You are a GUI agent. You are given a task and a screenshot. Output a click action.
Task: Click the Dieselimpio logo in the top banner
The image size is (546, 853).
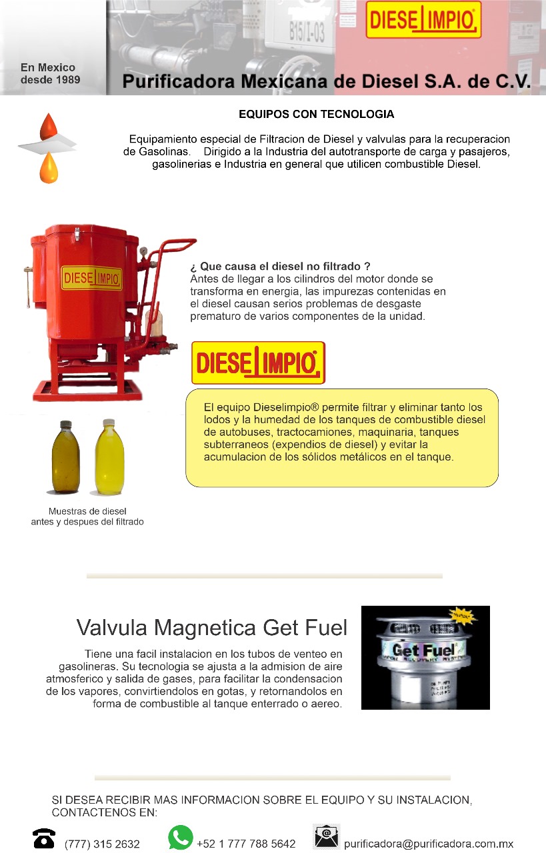click(x=423, y=20)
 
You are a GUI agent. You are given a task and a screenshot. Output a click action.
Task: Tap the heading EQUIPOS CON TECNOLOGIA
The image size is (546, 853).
click(x=316, y=115)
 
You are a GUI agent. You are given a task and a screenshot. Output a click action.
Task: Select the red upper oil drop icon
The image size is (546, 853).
click(x=49, y=127)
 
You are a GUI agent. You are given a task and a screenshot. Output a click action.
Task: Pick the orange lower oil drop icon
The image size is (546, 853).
click(x=49, y=168)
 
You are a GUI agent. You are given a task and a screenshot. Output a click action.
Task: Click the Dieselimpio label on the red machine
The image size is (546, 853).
click(x=92, y=278)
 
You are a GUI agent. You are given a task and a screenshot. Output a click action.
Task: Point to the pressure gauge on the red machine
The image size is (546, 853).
click(x=143, y=252)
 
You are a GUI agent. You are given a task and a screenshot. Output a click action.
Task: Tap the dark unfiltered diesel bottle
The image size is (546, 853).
click(x=66, y=458)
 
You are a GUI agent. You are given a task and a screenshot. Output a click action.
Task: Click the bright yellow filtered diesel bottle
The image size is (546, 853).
click(x=109, y=458)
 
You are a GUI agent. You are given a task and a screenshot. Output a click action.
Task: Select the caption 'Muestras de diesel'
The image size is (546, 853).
click(x=87, y=511)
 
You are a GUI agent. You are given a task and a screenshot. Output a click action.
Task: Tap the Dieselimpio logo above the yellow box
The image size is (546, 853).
click(x=258, y=363)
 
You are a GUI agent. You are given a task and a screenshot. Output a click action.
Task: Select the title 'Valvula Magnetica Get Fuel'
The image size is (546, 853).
click(x=212, y=628)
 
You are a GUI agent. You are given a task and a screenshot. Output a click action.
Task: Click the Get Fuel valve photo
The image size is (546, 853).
click(x=425, y=658)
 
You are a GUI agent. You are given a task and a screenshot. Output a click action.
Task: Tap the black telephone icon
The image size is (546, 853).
click(x=44, y=838)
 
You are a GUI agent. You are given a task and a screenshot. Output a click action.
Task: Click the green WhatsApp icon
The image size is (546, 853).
click(x=181, y=837)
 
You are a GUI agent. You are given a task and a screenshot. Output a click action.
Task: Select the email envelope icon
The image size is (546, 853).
click(x=327, y=836)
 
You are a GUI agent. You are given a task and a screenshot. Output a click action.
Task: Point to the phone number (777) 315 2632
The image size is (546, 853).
click(x=102, y=844)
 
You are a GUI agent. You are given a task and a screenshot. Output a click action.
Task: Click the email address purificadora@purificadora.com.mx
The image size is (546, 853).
click(x=429, y=844)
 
